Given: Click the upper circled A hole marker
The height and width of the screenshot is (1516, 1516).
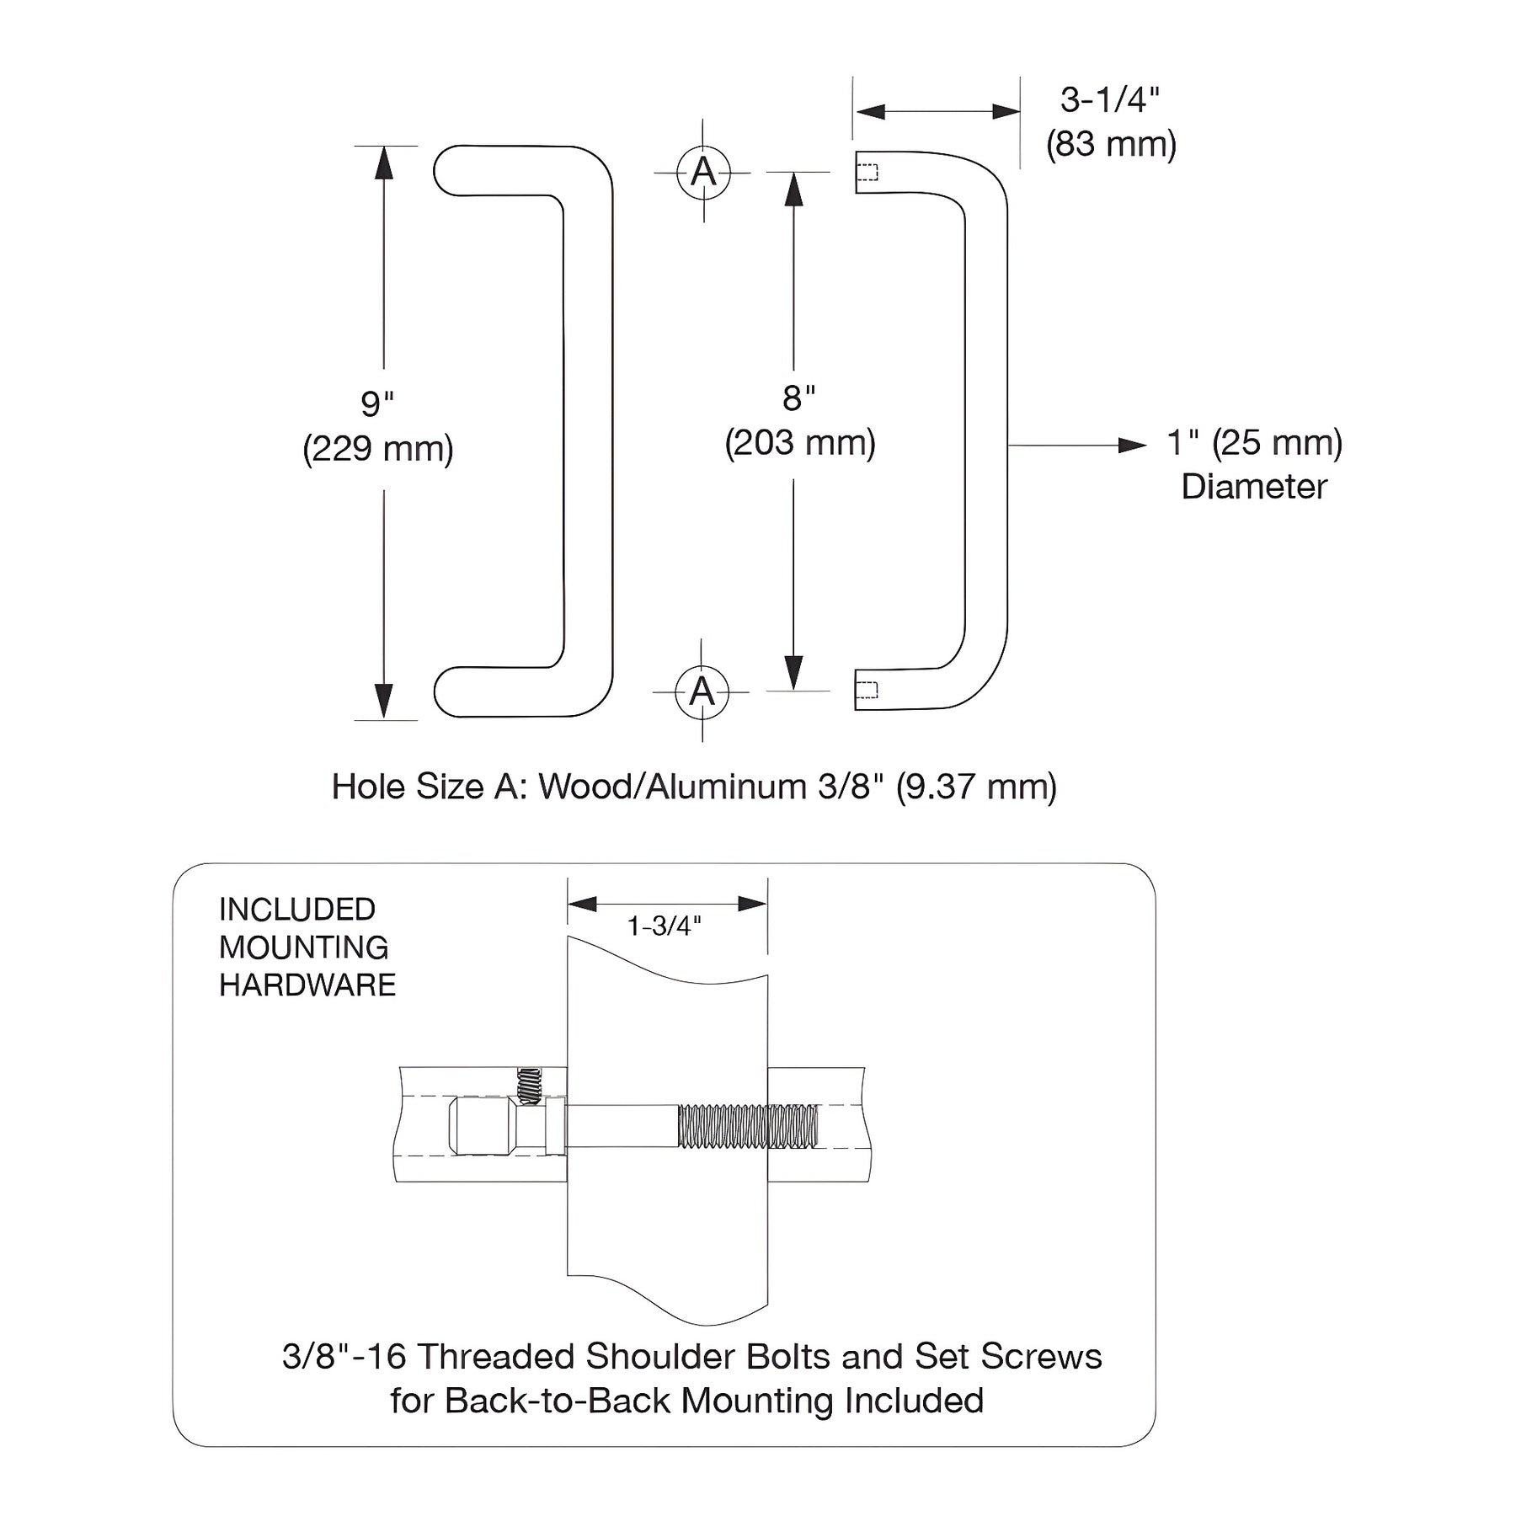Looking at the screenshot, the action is tap(703, 173).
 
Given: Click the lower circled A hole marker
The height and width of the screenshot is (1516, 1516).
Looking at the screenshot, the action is tap(702, 692).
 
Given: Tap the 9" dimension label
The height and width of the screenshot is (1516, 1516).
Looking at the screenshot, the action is tap(377, 403).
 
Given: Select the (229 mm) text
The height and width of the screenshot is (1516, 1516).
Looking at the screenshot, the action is tap(378, 448).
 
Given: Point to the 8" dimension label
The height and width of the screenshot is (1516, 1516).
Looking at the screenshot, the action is tap(798, 398).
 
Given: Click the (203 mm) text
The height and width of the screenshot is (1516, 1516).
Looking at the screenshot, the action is tap(800, 443).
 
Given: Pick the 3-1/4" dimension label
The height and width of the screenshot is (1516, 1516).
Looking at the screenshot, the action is tap(1109, 99).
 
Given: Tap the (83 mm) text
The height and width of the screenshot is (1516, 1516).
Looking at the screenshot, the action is tap(1111, 144).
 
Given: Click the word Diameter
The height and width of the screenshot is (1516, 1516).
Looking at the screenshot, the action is tap(1254, 487).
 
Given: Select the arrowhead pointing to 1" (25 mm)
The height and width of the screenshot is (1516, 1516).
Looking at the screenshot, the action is tap(1133, 446).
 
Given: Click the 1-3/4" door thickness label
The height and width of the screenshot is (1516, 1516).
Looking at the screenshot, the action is tap(664, 926).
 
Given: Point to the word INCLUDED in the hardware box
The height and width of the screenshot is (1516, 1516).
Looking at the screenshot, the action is tap(297, 910).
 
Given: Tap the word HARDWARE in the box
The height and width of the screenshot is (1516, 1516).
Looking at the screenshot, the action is tap(307, 985).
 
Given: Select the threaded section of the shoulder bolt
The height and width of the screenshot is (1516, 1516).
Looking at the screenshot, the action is tap(748, 1127).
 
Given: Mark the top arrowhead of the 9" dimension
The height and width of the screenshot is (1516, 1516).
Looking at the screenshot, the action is tap(384, 163).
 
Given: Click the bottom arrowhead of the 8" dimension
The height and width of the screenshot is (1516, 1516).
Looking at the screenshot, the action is tap(793, 674).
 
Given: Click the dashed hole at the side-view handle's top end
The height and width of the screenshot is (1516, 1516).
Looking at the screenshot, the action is tap(867, 172).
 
